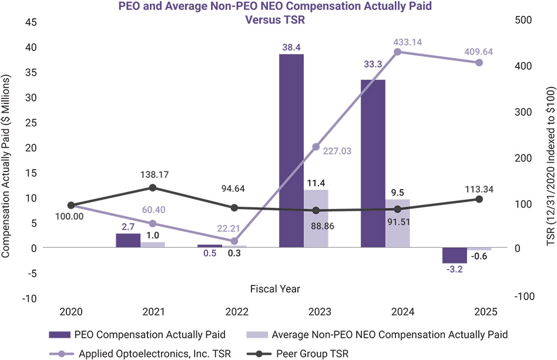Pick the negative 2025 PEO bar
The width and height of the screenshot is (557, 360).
click(454, 255)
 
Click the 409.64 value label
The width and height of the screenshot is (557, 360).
click(477, 51)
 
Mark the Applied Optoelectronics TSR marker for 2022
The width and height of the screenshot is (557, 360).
click(234, 241)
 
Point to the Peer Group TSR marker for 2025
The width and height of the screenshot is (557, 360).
click(479, 199)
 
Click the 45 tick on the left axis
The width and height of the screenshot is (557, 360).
click(30, 22)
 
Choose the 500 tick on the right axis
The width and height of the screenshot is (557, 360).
click(523, 20)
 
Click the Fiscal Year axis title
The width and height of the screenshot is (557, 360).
click(275, 288)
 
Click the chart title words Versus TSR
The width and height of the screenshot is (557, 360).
click(276, 19)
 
